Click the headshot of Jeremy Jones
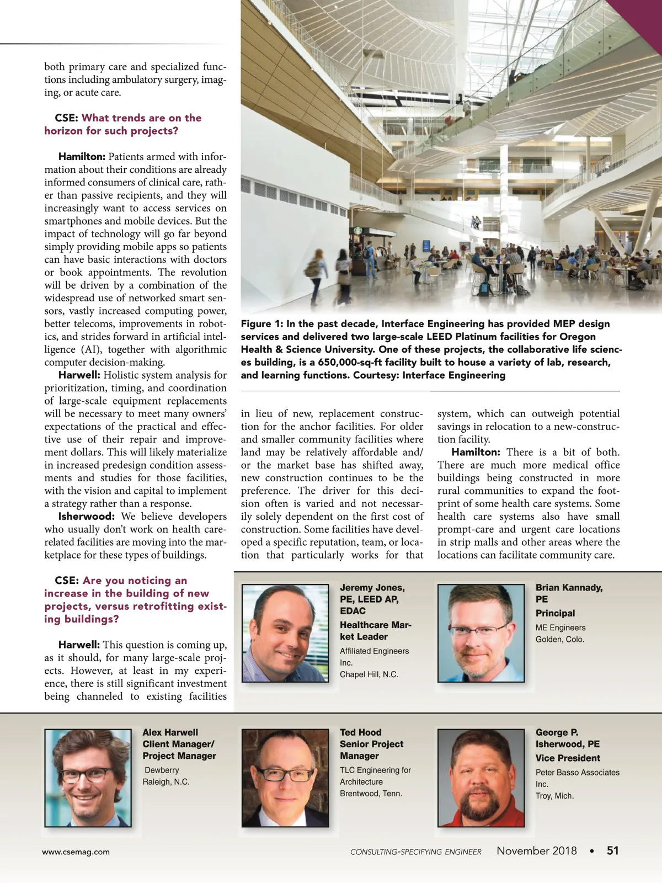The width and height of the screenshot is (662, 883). tap(285, 633)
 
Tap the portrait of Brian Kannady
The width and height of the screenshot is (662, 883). tap(481, 633)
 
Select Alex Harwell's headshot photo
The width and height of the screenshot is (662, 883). tap(88, 778)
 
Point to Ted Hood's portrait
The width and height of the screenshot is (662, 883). tap(285, 778)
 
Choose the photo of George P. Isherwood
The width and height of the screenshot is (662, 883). tap(481, 778)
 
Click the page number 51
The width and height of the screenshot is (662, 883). tap(612, 850)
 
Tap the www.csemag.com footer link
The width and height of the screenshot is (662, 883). tap(76, 852)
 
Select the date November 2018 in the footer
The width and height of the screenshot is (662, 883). tap(536, 850)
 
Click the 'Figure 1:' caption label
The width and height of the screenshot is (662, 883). tap(261, 324)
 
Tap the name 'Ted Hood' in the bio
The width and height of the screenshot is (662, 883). tap(360, 732)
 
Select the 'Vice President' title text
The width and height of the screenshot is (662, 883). tap(568, 758)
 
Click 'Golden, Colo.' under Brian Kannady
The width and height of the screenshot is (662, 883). tap(559, 640)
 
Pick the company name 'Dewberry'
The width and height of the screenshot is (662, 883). tap(162, 770)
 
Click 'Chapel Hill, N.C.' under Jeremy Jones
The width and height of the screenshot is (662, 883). tap(369, 674)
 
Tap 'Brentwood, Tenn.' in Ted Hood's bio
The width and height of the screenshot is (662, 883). tap(371, 794)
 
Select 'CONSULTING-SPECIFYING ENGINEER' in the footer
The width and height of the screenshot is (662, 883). tap(415, 852)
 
